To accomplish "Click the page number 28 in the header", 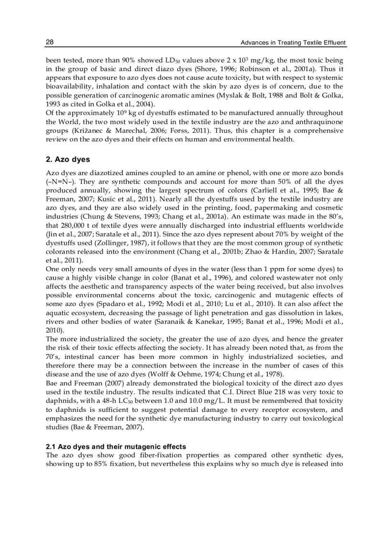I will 50,42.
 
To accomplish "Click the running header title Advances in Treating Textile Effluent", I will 293,43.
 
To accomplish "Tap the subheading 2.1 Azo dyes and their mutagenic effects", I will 116,446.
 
